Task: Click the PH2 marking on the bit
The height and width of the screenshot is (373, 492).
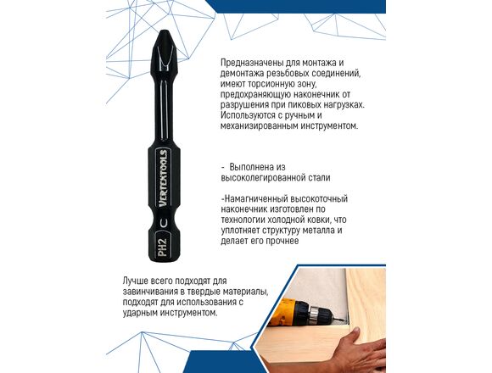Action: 163,246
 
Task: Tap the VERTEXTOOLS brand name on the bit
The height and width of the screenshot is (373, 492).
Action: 163,178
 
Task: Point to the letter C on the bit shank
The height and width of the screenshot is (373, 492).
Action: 164,223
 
